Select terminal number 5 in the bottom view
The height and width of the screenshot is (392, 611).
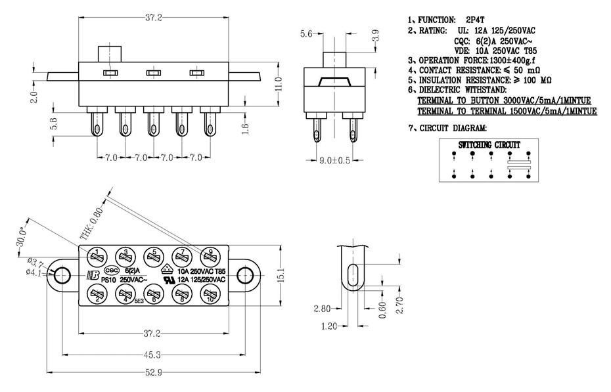point(153,255)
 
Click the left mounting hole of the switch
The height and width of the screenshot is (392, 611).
point(63,274)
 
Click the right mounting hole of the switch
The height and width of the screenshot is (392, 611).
point(244,274)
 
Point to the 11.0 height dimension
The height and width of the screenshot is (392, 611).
point(279,83)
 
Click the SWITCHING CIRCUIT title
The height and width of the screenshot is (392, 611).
point(489,144)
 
